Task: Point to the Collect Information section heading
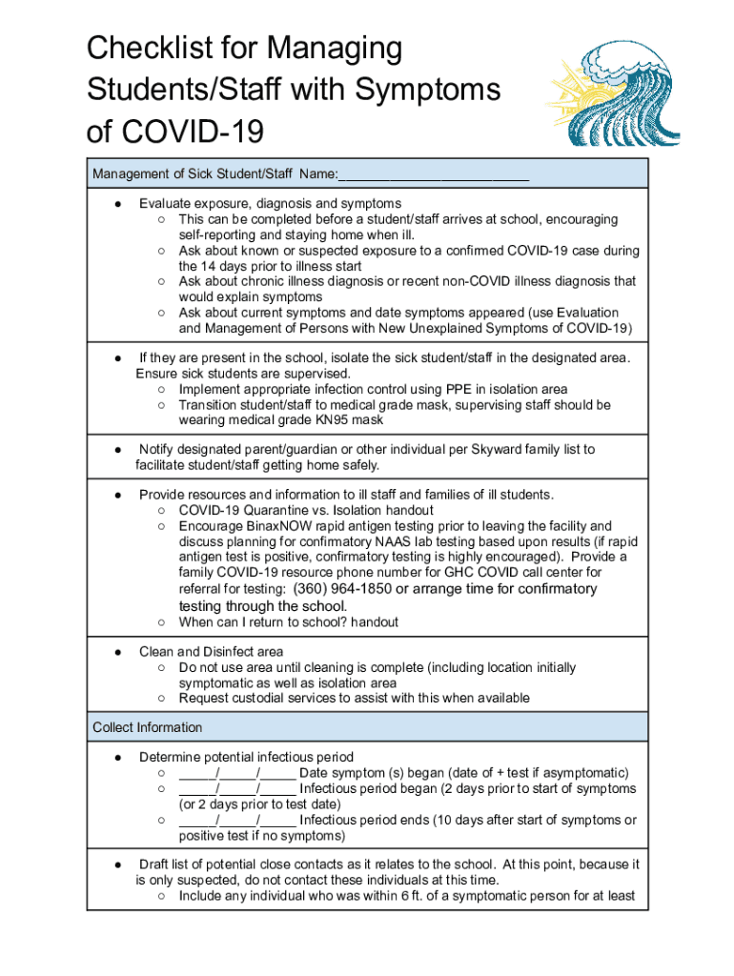[147, 727]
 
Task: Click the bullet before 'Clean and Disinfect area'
[115, 652]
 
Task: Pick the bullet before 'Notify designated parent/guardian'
[115, 449]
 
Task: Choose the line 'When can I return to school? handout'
[288, 622]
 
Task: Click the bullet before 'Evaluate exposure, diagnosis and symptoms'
[115, 203]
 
